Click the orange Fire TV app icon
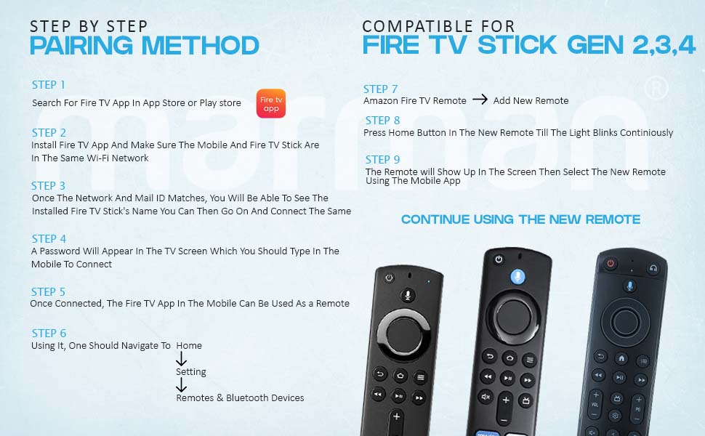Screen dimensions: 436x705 (x=271, y=103)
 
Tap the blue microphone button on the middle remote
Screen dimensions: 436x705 (x=517, y=276)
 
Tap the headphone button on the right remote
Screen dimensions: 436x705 (x=653, y=267)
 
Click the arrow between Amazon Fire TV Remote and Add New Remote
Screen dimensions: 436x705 (x=480, y=100)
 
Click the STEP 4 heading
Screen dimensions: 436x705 (x=49, y=238)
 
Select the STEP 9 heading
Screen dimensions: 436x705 (x=382, y=159)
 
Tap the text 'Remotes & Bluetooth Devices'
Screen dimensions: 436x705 (x=240, y=397)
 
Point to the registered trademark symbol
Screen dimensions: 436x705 (x=656, y=88)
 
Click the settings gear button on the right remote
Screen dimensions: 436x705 (x=615, y=416)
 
